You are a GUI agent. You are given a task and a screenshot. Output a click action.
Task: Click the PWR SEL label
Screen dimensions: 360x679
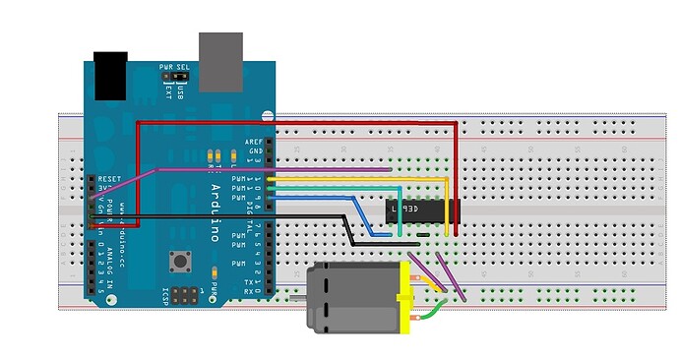coord(176,69)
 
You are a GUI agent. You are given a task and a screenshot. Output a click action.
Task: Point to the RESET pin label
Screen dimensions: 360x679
coord(108,181)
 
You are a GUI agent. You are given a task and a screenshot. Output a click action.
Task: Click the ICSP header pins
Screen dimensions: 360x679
coord(186,294)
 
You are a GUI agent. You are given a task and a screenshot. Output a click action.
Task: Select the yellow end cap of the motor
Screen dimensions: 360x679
coord(403,298)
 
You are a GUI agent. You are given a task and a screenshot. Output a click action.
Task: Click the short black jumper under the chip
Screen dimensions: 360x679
coord(421,236)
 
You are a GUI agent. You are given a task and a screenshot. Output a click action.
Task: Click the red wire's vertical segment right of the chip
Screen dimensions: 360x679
coord(458,167)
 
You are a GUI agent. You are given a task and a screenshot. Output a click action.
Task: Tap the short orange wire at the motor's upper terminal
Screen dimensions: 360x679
coord(422,281)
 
